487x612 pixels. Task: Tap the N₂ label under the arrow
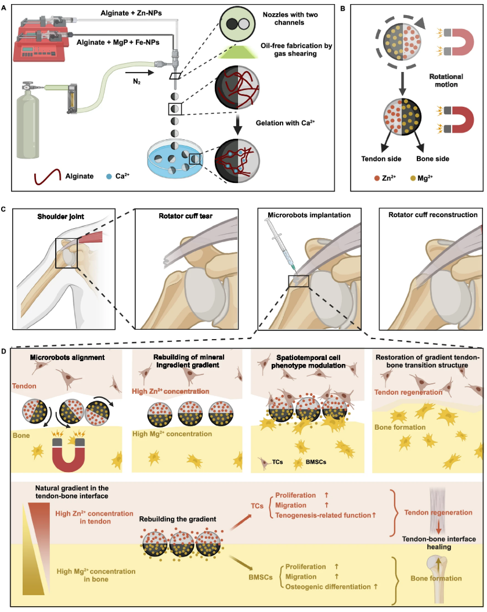pos(136,82)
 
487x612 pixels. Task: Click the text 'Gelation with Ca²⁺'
pos(285,123)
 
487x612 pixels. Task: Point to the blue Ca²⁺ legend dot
pos(109,177)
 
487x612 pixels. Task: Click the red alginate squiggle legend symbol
pos(48,177)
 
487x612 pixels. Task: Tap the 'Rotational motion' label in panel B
pos(446,80)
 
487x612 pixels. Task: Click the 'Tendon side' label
pos(381,159)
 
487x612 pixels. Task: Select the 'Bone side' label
pos(433,159)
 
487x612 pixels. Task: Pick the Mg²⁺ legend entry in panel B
pos(421,178)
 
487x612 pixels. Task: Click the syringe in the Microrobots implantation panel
pos(280,244)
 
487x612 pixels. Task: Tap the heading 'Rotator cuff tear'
pos(185,216)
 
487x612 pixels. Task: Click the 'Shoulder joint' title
pos(60,217)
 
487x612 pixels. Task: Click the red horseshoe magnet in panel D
pos(68,453)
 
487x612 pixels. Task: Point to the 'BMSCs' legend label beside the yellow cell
pos(316,462)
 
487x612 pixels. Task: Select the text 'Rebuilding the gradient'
pos(178,519)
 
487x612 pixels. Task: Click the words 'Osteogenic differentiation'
pos(328,586)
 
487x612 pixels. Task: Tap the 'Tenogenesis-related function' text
pos(323,515)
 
